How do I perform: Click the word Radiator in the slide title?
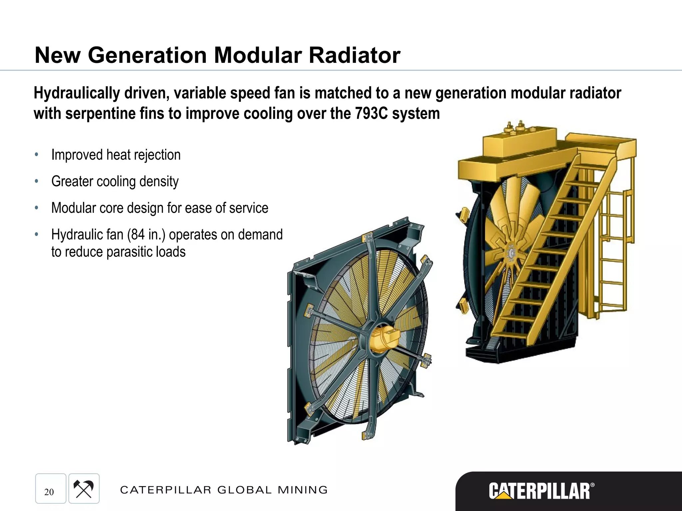tap(354, 55)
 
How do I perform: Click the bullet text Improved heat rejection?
tap(116, 155)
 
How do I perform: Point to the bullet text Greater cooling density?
tap(115, 182)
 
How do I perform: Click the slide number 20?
tap(49, 492)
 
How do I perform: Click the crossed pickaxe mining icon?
tap(84, 489)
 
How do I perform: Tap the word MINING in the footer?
tap(303, 490)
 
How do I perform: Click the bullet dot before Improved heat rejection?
tap(37, 155)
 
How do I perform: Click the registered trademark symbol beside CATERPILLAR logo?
tap(592, 485)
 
